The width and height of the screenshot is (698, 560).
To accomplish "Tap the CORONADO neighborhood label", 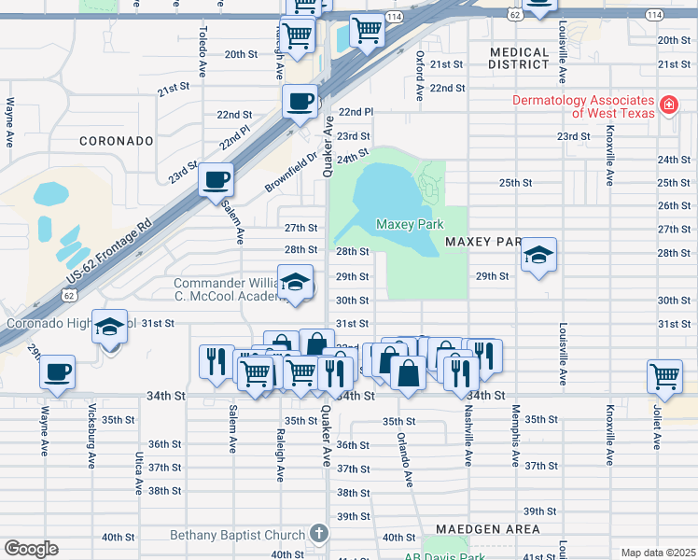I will pyautogui.click(x=116, y=141).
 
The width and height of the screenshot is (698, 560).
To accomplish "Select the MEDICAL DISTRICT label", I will pyautogui.click(x=519, y=59).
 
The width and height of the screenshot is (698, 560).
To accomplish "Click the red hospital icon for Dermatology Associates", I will pyautogui.click(x=668, y=105).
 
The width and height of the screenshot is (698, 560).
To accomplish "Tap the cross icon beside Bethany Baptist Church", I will pyautogui.click(x=318, y=534).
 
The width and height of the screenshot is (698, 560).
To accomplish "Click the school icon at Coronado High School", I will pyautogui.click(x=110, y=326).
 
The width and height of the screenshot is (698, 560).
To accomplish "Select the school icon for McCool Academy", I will pyautogui.click(x=296, y=282).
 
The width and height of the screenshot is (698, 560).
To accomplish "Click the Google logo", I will pyautogui.click(x=31, y=548).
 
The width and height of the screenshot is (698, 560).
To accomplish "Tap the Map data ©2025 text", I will pyautogui.click(x=657, y=553).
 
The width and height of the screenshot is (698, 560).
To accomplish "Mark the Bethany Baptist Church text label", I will pyautogui.click(x=237, y=535).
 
